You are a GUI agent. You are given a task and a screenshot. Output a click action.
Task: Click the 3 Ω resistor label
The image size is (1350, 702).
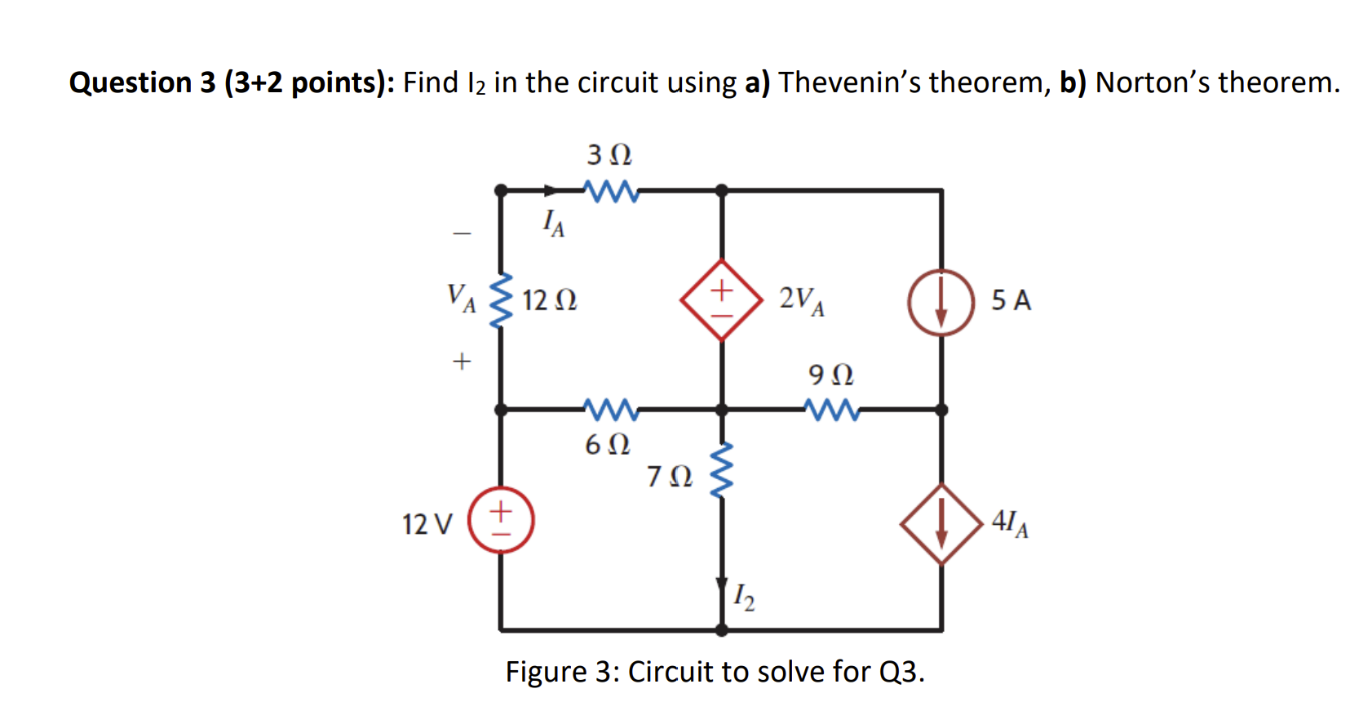point(609,154)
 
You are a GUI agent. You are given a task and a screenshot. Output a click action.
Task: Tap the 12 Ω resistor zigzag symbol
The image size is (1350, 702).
point(501,300)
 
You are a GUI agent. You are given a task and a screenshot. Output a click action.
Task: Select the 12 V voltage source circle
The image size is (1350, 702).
point(501,520)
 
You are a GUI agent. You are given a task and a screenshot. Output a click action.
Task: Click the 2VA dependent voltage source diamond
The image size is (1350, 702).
point(721,300)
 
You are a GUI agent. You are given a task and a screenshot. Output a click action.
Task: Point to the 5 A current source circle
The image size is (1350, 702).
point(941,303)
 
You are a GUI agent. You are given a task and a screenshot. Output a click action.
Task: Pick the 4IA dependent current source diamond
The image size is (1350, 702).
point(941,524)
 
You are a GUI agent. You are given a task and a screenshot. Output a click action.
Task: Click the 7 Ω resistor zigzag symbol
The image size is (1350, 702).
point(721,471)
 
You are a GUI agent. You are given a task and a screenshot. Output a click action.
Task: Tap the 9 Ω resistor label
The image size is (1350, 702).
point(830,375)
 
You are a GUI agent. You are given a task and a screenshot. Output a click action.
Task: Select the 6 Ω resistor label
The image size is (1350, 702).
point(608,445)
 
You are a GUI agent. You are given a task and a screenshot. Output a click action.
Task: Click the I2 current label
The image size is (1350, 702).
point(744,598)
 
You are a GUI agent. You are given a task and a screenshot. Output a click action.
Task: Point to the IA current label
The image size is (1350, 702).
point(554,222)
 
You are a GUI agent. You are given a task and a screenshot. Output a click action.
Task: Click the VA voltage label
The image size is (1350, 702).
point(461,298)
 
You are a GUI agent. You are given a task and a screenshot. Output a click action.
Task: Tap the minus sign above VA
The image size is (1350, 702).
point(463,234)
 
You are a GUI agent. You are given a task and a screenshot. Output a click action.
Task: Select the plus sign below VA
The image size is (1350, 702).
point(463,360)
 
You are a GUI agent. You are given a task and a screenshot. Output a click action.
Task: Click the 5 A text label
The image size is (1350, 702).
point(1011,300)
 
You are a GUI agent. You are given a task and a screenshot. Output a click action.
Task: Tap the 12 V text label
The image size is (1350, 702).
point(427,524)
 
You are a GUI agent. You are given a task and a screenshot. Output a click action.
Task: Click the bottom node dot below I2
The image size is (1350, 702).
point(721,630)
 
